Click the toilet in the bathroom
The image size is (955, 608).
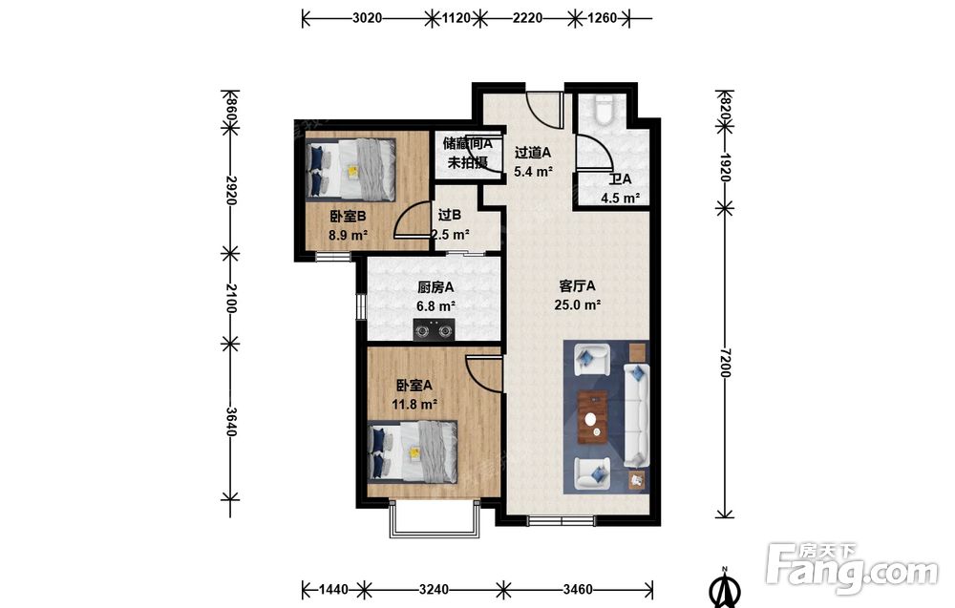(605, 110)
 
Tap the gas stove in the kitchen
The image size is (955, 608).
(435, 330)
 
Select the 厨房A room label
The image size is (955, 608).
(435, 286)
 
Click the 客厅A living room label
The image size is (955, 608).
(577, 285)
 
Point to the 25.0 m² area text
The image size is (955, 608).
(578, 304)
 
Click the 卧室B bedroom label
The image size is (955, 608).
(348, 216)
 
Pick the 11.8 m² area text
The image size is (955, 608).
(414, 404)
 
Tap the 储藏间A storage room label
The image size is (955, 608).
(467, 143)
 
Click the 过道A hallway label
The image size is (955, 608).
(532, 152)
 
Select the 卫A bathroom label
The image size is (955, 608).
(620, 178)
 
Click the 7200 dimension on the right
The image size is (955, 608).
(725, 362)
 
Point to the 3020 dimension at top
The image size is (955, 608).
(368, 18)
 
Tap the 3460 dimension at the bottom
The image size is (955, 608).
(578, 589)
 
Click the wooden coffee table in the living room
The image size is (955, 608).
(593, 416)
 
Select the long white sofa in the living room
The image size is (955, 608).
(637, 415)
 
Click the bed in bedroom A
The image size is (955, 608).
(413, 451)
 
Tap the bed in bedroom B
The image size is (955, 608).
(350, 169)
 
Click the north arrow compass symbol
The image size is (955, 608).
(725, 587)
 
